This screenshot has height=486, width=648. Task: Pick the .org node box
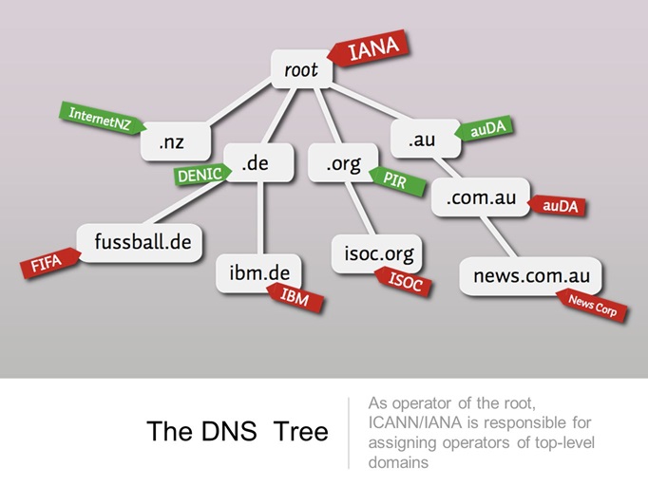pyautogui.click(x=343, y=164)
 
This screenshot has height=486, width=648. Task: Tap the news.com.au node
pyautogui.click(x=531, y=276)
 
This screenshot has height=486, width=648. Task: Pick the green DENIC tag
pyautogui.click(x=200, y=173)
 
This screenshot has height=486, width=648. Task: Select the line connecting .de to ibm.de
pyautogui.click(x=258, y=216)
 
